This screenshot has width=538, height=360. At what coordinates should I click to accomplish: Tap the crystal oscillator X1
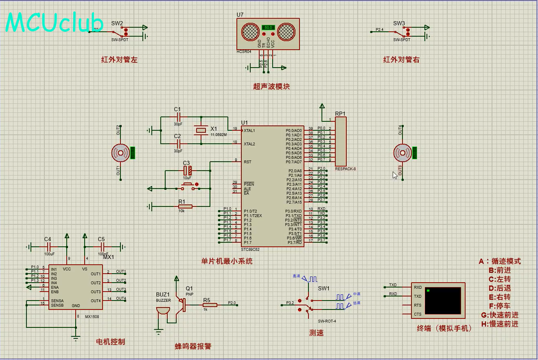coord(201,130)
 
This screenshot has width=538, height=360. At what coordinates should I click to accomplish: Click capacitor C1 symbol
coord(178,117)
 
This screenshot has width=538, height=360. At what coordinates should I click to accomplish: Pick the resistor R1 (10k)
coord(186,206)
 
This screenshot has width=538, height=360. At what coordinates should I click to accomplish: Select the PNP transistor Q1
coord(183,305)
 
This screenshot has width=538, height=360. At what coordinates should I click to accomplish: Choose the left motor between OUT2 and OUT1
coord(120,153)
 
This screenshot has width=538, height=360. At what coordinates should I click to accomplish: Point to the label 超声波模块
coord(271,86)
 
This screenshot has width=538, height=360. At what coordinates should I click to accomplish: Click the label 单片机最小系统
coord(227,261)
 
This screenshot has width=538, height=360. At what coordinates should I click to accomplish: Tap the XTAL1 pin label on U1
coord(249,131)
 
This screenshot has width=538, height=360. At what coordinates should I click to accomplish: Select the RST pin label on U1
coord(247,162)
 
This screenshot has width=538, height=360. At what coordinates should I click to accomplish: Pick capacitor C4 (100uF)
coord(48,247)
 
